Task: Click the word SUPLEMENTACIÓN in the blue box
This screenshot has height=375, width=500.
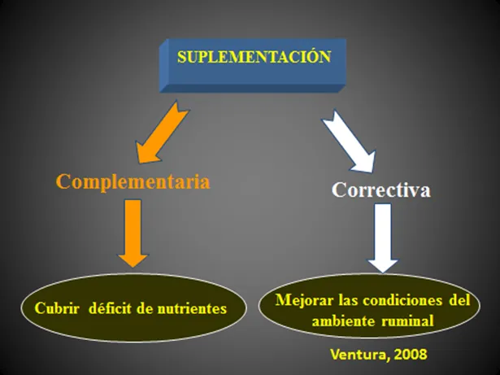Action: coord(254,57)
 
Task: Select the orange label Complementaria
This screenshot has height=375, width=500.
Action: coord(133,181)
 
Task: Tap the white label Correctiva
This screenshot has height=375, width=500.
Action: coord(381,190)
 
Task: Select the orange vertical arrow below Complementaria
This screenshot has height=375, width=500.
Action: coord(133,233)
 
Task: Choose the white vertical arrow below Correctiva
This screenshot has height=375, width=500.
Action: coord(383,238)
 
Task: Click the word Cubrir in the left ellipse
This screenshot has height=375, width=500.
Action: coord(57,308)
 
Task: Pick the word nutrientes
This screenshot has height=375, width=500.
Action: coord(192,309)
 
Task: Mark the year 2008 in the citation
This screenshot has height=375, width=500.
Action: coord(411,354)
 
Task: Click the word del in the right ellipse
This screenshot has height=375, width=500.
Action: coord(459,300)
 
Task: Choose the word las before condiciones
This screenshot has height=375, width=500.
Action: coord(349,300)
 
